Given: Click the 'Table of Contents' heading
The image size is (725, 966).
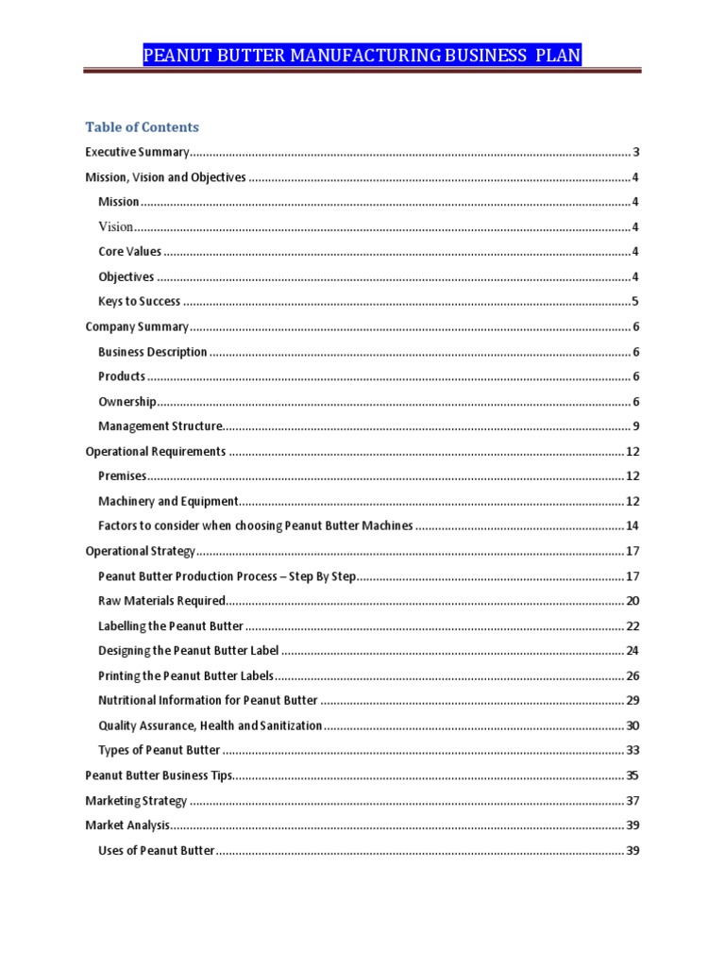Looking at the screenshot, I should (142, 127).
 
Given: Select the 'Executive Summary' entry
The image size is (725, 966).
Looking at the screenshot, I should (138, 152).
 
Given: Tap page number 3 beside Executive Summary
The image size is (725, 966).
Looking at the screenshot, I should (637, 152).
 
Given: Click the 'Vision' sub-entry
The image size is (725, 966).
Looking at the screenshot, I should (115, 226).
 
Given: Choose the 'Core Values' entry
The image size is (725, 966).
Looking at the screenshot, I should (129, 252).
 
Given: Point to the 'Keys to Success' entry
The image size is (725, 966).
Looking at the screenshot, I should (139, 302).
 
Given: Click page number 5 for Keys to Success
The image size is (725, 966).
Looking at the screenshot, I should (637, 302).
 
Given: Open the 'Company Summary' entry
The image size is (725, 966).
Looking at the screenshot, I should (137, 327).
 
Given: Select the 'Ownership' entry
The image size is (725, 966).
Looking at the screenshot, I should (127, 402).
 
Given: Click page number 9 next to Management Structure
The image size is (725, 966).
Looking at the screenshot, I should (637, 426).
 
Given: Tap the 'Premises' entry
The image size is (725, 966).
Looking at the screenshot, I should (122, 476).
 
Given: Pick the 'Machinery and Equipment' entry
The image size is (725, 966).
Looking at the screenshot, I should (168, 502).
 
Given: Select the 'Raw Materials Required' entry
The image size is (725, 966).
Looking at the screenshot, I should (161, 601).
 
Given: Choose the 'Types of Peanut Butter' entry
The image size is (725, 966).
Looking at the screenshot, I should (159, 751).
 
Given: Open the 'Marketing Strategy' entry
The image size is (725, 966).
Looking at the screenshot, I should (136, 801).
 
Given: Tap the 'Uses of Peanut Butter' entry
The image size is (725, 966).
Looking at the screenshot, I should (156, 851).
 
